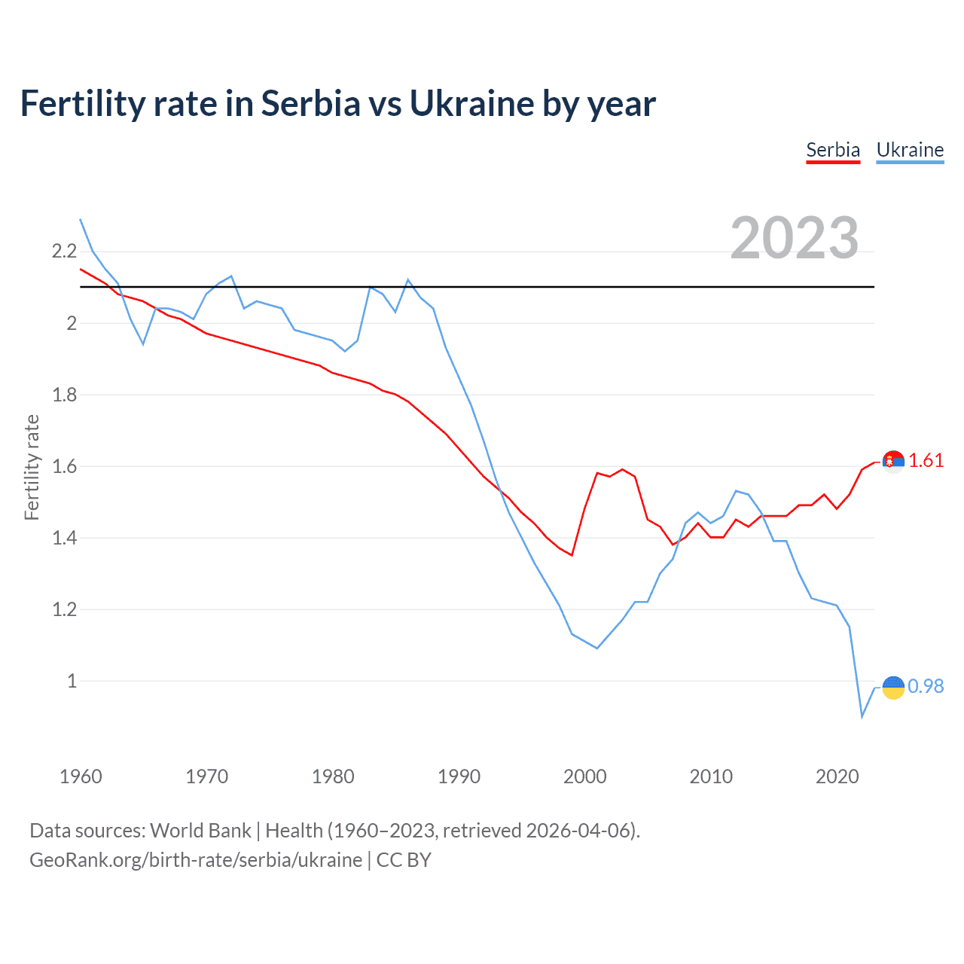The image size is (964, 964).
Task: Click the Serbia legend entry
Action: [x=833, y=150]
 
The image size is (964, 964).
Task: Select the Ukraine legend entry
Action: [x=910, y=150]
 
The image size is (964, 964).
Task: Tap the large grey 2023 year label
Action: [x=795, y=238]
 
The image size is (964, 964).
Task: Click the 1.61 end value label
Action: [x=926, y=460]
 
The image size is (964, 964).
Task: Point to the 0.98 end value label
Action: [x=926, y=686]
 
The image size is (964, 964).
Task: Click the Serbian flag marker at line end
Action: [x=893, y=461]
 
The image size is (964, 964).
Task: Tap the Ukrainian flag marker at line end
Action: [x=893, y=687]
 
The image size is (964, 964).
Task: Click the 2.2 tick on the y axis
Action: [x=64, y=252]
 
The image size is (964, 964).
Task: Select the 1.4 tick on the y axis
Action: [x=64, y=538]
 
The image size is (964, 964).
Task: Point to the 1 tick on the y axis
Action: [x=72, y=681]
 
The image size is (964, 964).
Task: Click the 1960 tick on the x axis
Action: [x=81, y=776]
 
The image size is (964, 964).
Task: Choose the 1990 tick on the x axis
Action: [x=459, y=776]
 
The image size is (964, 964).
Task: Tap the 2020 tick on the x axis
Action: [x=837, y=776]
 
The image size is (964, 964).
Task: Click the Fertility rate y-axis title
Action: [x=32, y=467]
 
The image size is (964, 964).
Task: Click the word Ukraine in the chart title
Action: [x=471, y=103]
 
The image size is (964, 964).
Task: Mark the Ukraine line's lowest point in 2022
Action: [x=862, y=716]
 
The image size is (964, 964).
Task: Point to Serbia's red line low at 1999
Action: [x=572, y=555]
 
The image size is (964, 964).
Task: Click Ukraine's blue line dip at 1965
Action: [x=143, y=344]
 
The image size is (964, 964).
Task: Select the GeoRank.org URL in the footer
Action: [x=196, y=860]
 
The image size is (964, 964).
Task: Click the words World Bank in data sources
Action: [x=200, y=831]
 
